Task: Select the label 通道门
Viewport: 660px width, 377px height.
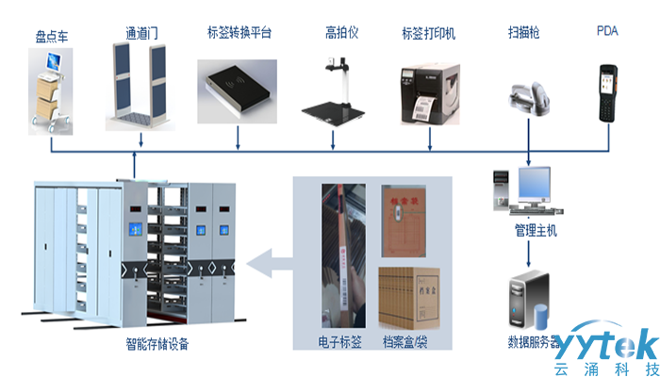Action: [x=140, y=32]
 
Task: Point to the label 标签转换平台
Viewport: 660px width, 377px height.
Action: [x=239, y=32]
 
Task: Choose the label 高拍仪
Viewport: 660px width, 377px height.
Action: [x=336, y=32]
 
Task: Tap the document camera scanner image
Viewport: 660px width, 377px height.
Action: [x=335, y=90]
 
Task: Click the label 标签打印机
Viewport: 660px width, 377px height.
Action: [x=428, y=34]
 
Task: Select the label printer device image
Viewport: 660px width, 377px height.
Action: [x=430, y=89]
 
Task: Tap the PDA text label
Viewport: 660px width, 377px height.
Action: [x=608, y=30]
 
